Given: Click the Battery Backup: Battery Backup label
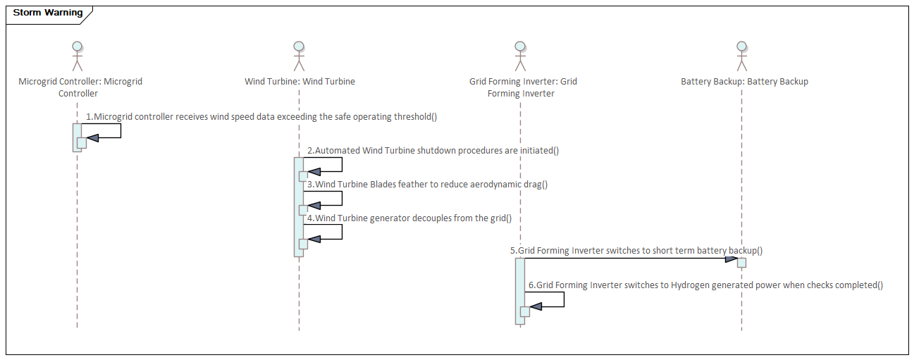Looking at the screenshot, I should point(744,82).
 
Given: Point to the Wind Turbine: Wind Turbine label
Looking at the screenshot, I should point(299,82).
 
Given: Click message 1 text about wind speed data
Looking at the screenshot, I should point(261,116).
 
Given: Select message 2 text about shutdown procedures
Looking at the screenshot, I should point(433,150).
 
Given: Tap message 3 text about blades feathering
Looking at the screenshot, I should point(427,184).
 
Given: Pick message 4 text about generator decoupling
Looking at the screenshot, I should point(409,218).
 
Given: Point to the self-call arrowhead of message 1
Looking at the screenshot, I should point(92,138).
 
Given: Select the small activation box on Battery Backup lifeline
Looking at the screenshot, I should point(741,262).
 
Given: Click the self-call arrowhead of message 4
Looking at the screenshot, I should point(314,240).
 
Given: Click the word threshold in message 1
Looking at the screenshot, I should point(413,116).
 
